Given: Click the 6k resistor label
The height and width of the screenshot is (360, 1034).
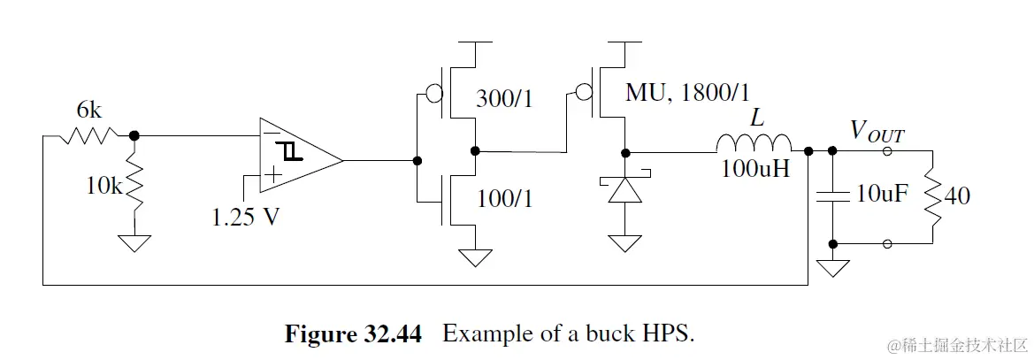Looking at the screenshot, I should (x=89, y=111).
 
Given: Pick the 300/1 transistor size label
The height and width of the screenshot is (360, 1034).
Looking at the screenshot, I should (x=506, y=98).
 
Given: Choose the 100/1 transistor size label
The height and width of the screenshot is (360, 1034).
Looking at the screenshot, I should (x=506, y=200).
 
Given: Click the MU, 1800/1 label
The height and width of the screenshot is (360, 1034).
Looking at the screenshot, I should (x=693, y=91).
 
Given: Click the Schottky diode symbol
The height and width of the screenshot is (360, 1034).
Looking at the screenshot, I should (x=626, y=188).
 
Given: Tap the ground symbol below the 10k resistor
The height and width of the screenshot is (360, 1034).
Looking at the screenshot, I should (x=134, y=241).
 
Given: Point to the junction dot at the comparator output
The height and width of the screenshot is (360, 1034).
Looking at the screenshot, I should (x=417, y=161).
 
